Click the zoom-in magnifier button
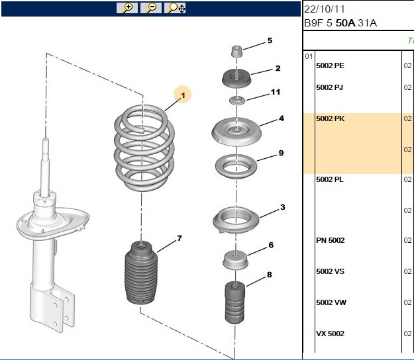pos(127,8)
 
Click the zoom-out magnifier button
pos(151,8)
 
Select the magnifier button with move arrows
pos(175,8)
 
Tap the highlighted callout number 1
pos(183,95)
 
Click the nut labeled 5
pos(236,52)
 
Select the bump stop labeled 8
pos(234,303)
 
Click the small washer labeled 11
pos(237,101)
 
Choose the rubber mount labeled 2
pos(236,78)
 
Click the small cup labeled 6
pos(235,260)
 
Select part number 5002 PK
pos(331,118)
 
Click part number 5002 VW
pos(331,302)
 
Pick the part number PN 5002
pos(331,240)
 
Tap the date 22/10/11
pos(325,9)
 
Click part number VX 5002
pos(331,334)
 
